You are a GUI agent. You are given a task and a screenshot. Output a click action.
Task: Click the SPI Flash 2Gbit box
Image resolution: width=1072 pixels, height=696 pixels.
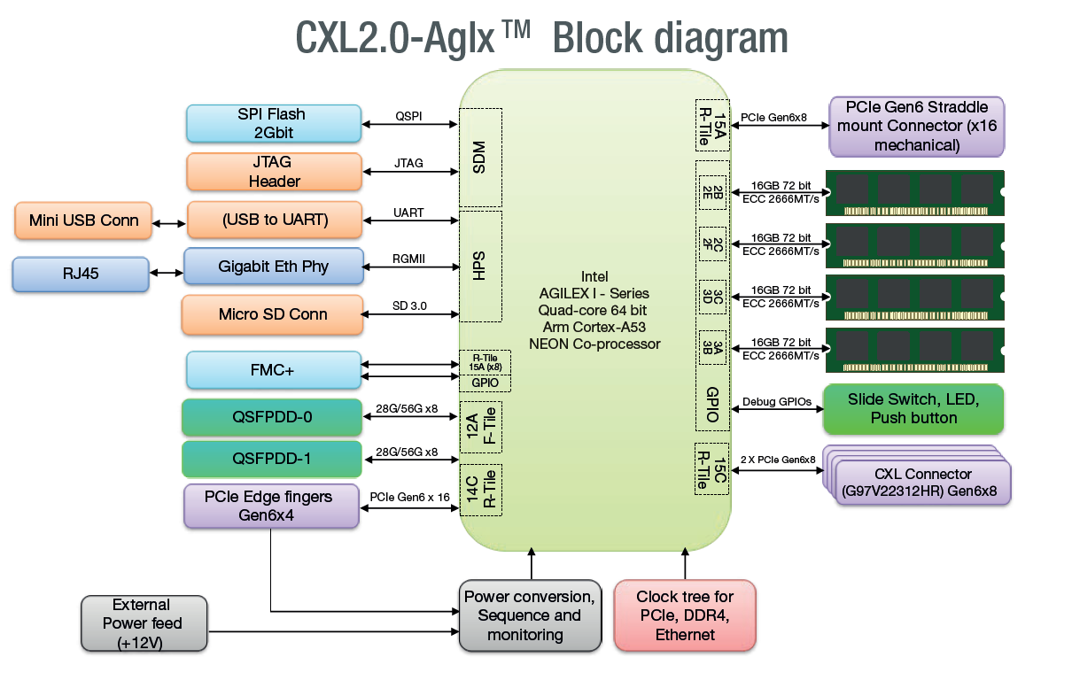pos(274,124)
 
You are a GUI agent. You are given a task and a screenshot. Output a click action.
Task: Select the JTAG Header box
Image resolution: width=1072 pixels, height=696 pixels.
pos(274,172)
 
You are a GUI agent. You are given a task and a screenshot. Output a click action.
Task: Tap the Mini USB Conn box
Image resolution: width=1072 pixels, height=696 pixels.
pos(83,220)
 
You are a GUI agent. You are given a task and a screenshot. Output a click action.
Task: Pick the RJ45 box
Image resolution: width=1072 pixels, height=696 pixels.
pos(80,274)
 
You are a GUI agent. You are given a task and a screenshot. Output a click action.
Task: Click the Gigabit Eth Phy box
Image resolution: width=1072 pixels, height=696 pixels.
pos(273,267)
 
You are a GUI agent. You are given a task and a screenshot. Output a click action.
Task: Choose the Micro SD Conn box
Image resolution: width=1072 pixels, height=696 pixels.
pos(272,315)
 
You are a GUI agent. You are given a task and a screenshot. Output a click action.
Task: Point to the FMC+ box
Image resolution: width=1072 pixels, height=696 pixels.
pos(274,370)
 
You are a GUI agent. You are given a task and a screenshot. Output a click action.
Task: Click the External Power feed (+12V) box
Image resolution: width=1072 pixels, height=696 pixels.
pos(144,623)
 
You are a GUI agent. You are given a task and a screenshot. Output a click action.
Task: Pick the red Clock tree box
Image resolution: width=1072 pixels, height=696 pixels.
pos(685,616)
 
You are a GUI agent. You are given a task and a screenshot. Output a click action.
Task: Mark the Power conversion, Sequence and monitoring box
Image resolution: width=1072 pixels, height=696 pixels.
pos(529,616)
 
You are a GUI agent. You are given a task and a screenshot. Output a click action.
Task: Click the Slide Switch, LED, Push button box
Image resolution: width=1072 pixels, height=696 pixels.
pos(913,409)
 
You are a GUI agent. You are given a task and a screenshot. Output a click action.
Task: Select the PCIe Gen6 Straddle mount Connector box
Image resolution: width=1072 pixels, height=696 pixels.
pos(916,126)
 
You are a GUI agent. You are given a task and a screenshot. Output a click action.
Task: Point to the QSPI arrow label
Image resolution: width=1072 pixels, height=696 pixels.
pos(408,116)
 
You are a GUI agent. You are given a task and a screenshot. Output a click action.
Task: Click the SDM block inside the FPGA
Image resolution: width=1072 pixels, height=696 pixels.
pos(480,157)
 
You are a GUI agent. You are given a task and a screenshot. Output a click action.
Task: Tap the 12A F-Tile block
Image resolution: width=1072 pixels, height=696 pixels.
pos(480,428)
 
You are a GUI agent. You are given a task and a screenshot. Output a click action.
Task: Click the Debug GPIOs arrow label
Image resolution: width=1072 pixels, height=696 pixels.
pos(776,402)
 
